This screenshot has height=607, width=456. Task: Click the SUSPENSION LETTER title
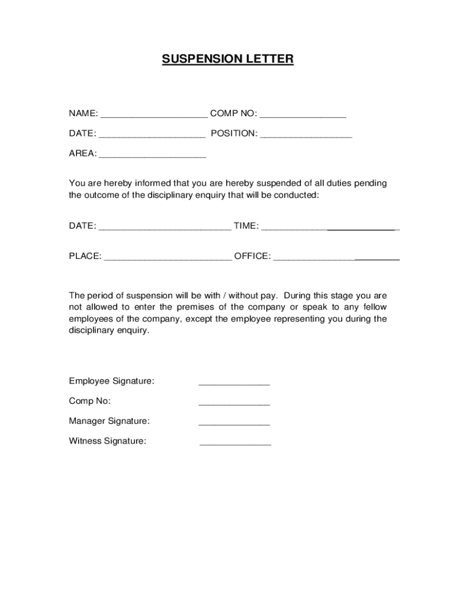tap(228, 59)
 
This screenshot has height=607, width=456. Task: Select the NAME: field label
tap(83, 114)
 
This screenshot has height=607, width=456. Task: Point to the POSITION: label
tap(235, 134)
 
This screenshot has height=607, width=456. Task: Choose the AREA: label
tap(82, 154)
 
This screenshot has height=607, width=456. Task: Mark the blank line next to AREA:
tap(152, 156)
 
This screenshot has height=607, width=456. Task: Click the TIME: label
tap(246, 226)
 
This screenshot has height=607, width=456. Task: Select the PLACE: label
tap(85, 257)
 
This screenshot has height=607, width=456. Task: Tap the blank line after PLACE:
tap(168, 260)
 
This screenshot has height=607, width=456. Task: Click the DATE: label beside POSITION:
tap(82, 134)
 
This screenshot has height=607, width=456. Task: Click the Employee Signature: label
tap(111, 381)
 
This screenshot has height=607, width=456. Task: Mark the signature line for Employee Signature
tap(234, 384)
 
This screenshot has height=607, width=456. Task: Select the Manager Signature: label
tap(109, 421)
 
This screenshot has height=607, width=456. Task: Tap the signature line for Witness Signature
tap(235, 444)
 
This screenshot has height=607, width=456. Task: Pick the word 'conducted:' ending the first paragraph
tap(297, 195)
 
